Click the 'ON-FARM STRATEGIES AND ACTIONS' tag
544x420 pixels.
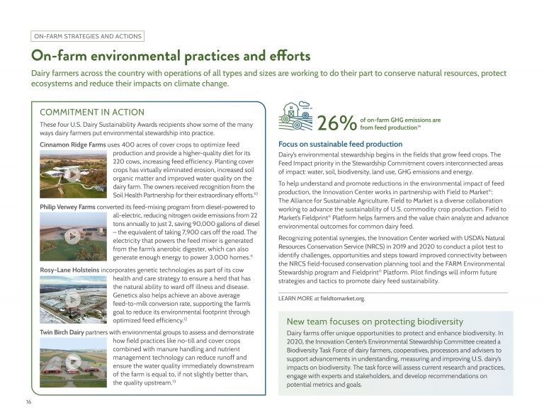88,36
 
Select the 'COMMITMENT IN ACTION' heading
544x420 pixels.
92,112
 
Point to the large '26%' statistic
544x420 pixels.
336,123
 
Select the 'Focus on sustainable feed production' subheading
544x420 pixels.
340,144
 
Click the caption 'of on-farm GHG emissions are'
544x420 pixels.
400,120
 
